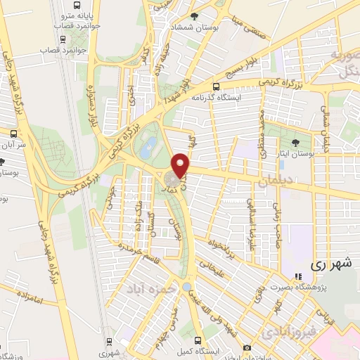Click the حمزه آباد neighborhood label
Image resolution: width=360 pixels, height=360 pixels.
coord(148,288)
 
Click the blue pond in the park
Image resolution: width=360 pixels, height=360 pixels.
coord(148,148)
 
